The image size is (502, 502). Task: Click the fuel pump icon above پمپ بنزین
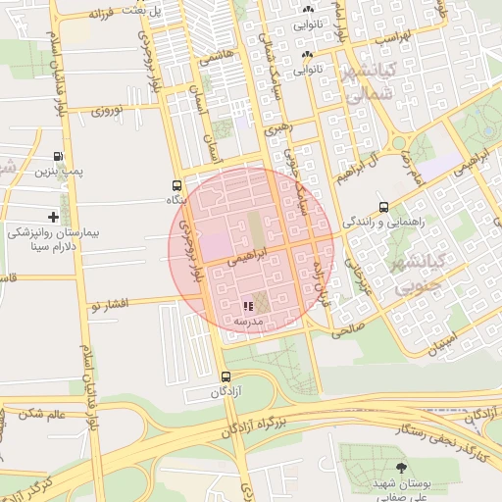click(58, 157)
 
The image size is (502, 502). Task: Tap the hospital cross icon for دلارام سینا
click(53, 217)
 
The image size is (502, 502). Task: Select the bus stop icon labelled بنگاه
click(176, 185)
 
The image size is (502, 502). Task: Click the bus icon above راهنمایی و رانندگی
click(383, 207)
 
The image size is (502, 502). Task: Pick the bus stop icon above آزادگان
click(226, 376)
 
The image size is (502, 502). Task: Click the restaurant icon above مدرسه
click(245, 307)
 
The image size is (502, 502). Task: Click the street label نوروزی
click(109, 111)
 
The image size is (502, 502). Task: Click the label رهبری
click(280, 127)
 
